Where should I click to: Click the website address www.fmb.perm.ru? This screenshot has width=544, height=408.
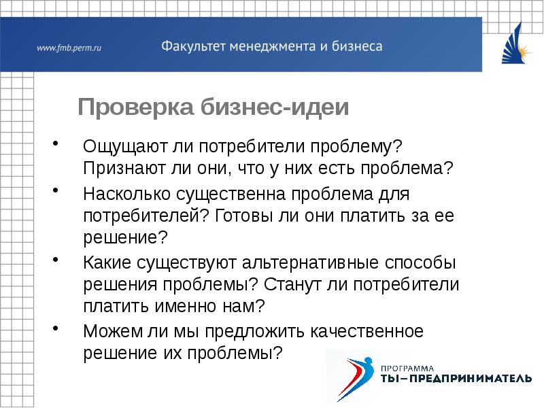click(69, 48)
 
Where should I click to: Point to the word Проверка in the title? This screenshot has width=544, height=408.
click(135, 107)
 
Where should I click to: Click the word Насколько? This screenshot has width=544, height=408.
click(127, 195)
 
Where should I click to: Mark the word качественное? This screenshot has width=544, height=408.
click(367, 332)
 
